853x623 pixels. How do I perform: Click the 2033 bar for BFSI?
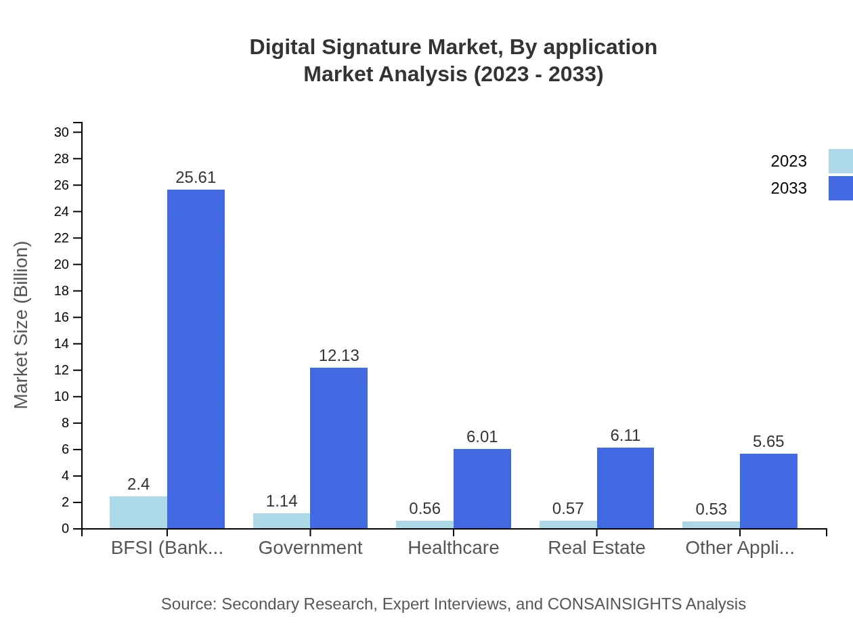(196, 359)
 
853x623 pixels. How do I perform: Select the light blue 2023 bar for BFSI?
(138, 513)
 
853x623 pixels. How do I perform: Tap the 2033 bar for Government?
(338, 448)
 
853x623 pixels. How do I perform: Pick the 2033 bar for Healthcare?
(482, 489)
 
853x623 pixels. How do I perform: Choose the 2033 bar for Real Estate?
(626, 488)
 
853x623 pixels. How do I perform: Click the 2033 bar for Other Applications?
(768, 491)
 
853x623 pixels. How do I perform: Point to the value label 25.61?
(196, 177)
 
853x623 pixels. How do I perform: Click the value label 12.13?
(338, 356)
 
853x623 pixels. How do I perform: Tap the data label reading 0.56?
(424, 509)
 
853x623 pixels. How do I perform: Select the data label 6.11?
(625, 435)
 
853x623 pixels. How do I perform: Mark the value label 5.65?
(768, 442)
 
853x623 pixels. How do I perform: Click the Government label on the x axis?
(310, 548)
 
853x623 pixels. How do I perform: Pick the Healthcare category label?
(453, 548)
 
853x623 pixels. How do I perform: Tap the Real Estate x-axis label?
(596, 548)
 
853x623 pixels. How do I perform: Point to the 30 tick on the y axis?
(62, 132)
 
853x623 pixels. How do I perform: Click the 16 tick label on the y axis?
(62, 318)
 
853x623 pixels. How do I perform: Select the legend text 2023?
(789, 161)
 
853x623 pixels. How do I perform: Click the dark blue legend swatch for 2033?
(840, 188)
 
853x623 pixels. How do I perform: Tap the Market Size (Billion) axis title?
(22, 325)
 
